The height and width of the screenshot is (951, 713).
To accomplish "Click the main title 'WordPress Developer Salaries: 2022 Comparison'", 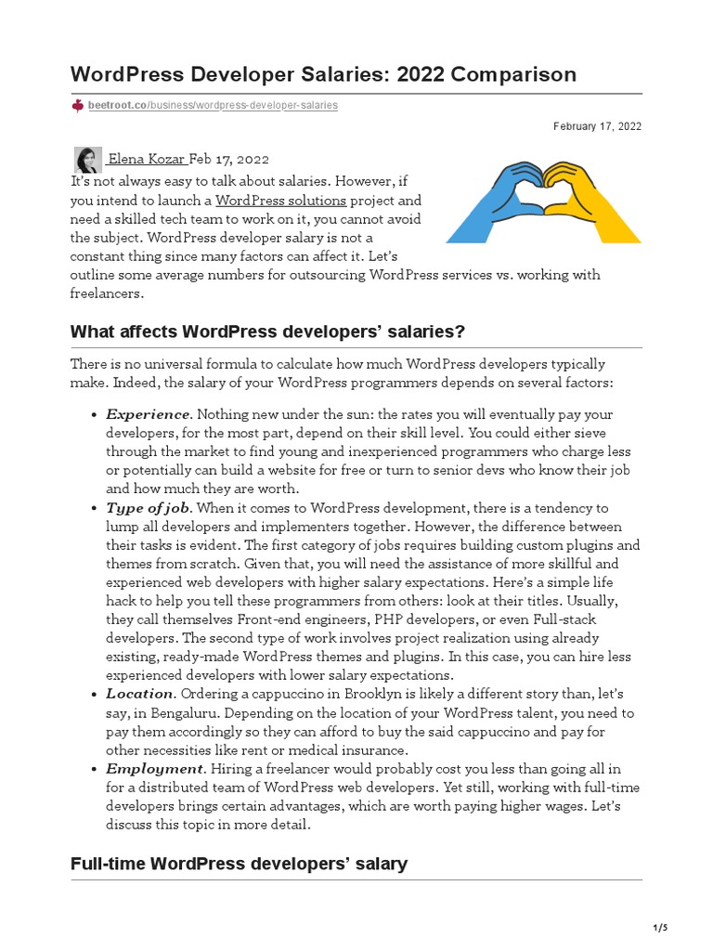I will (323, 74).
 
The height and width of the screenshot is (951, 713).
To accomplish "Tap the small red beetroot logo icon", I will (78, 106).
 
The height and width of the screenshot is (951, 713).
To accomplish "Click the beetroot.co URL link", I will (213, 106).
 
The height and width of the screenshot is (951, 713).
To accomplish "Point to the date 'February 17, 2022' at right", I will (597, 126).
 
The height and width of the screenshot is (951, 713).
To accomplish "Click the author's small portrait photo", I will (88, 159).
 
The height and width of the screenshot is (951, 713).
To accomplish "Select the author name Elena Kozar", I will (147, 160).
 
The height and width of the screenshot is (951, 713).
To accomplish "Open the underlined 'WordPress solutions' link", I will (280, 201).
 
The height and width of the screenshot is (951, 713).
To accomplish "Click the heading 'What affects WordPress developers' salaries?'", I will (267, 332).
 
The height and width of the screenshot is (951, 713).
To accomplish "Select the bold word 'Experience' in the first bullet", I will (148, 414).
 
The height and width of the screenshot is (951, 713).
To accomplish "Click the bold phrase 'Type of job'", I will (148, 508).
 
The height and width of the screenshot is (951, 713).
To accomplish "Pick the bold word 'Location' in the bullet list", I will (139, 694).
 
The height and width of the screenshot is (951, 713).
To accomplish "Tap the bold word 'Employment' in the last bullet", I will (154, 769).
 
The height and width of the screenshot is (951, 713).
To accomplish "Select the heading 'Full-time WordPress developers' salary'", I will (239, 864).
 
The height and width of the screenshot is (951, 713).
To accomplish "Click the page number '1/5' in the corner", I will (660, 928).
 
